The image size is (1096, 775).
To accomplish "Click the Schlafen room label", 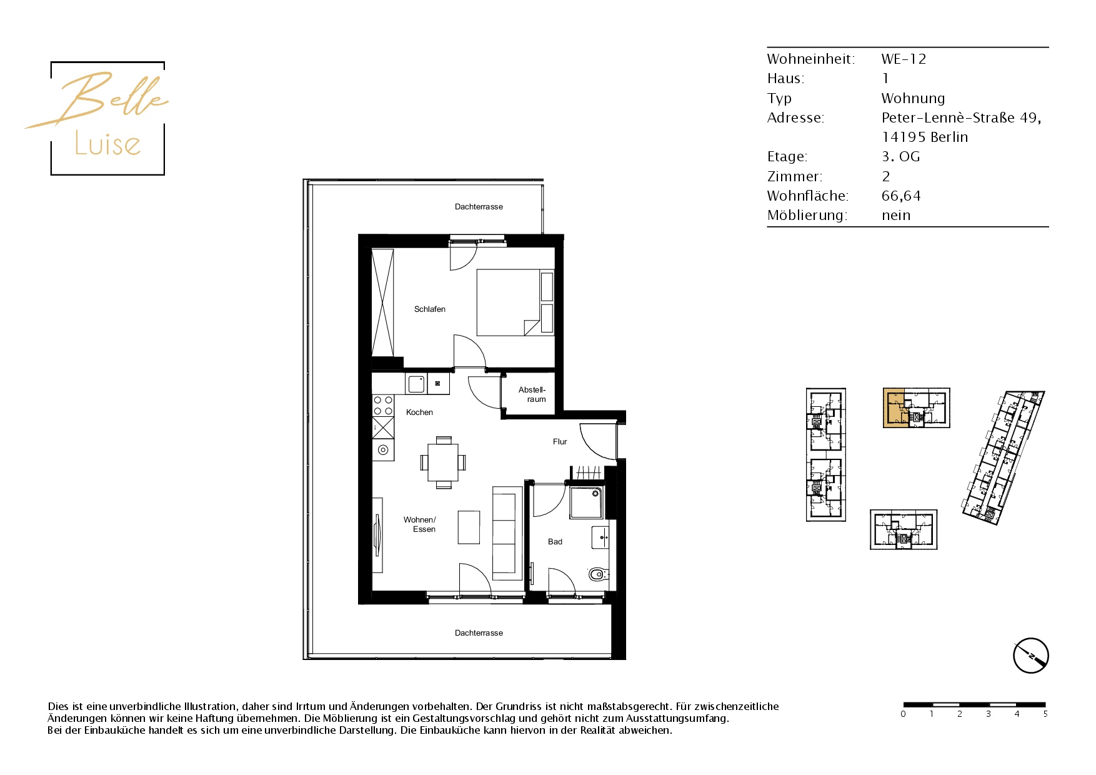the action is (430, 309).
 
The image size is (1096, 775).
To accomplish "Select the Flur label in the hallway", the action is (560, 442).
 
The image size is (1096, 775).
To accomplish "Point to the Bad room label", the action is (555, 542).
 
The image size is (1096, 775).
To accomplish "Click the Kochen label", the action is (419, 412).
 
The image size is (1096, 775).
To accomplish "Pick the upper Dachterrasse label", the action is (479, 207).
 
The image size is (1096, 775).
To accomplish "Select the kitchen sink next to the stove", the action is (417, 384).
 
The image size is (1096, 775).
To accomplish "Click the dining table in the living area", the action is (443, 462).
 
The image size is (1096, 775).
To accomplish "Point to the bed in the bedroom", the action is (515, 302).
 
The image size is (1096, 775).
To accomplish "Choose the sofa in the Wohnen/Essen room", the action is (507, 533).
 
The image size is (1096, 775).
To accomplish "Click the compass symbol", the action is (1030, 656).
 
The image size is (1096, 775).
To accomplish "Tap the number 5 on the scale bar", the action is (1045, 714).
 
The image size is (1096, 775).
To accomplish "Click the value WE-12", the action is (904, 59).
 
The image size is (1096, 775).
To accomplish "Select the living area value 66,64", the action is (901, 196).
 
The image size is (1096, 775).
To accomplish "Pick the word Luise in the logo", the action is (107, 144).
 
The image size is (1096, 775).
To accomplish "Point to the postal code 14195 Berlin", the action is (925, 137).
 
